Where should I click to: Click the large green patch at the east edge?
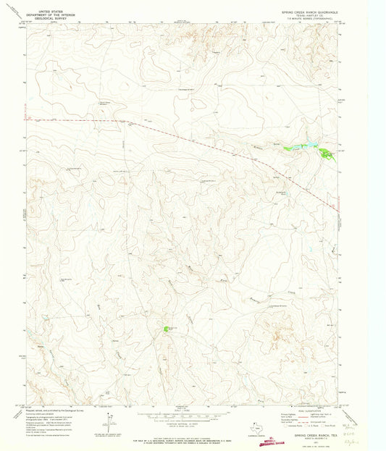pos(326,153)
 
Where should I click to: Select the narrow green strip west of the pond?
pos(295,148)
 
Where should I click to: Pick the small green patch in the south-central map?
pos(167,329)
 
